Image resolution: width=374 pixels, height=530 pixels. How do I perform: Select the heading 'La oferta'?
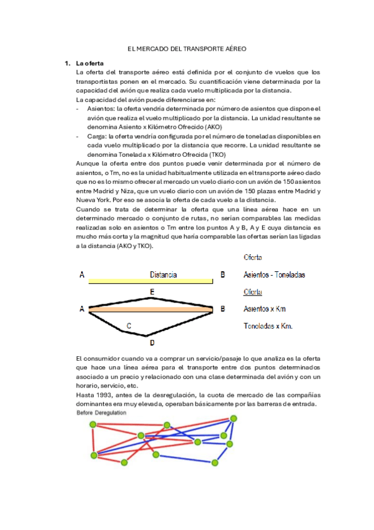point(90,63)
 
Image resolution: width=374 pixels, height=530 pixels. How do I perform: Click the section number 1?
point(66,63)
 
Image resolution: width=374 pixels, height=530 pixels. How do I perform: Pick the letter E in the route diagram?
point(152,292)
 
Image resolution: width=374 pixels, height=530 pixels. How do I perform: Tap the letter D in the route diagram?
point(151,342)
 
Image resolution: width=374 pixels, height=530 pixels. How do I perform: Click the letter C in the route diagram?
point(129,326)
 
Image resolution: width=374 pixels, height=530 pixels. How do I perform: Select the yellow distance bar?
point(154,282)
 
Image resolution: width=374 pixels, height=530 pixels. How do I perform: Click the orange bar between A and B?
point(153,309)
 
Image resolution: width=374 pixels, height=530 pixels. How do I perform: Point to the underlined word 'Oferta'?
point(252,292)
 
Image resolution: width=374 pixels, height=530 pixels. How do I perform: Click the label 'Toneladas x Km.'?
point(268,326)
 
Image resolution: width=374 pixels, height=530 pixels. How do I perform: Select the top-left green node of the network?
point(94,425)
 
